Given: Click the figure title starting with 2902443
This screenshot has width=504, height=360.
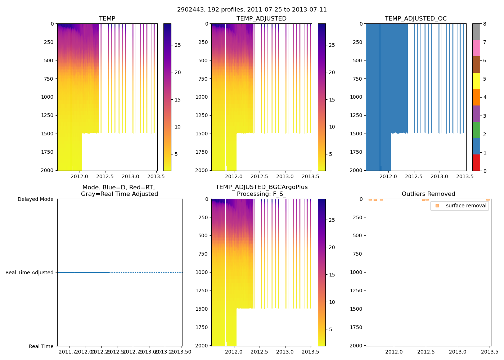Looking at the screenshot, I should click(252, 10).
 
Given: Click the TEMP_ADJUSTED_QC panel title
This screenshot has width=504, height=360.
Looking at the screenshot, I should click(415, 19).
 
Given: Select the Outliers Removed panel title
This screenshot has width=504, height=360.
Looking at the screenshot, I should click(428, 194).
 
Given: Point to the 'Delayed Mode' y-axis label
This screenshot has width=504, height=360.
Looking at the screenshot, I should click(35, 199).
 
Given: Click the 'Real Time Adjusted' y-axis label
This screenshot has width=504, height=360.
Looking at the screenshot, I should click(30, 273).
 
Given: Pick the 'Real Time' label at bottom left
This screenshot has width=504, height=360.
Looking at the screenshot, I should click(41, 346).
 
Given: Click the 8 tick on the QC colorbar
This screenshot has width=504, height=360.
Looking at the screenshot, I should click(485, 24).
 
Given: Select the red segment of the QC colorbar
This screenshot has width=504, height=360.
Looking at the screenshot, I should click(476, 162).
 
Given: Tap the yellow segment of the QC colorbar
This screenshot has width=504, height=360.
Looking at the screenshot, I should click(476, 81).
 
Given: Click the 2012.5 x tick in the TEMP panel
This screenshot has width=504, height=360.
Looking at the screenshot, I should click(105, 177).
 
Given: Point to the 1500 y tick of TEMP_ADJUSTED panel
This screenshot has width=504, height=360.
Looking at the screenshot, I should click(203, 134).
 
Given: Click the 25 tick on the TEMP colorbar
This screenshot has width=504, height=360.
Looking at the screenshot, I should click(177, 45).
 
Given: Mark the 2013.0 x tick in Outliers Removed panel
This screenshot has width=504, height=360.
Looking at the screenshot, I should click(458, 352).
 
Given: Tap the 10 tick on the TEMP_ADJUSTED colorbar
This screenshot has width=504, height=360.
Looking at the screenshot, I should click(332, 127).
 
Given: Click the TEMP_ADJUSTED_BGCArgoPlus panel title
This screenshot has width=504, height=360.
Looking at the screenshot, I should click(261, 190).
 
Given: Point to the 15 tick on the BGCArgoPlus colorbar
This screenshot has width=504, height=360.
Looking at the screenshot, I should click(332, 275).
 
